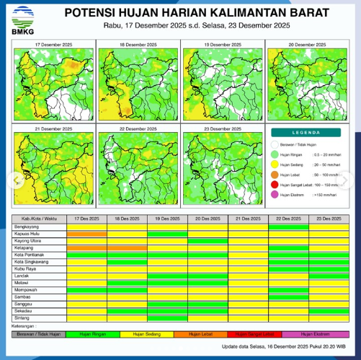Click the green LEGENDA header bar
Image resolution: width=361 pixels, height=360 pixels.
pos(308,133)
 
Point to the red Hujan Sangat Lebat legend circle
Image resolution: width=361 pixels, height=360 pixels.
pos(275,185)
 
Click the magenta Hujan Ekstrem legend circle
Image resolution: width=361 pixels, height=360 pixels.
pos(275,195)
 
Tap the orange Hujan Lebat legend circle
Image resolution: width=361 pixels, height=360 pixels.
pos(275,175)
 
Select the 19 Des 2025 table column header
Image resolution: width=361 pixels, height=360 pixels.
pos(167,219)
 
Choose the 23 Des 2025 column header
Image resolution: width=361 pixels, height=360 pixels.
pos(329,219)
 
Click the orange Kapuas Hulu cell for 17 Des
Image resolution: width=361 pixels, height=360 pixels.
pos(86,233)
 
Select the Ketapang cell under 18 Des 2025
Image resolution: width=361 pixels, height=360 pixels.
pos(127,247)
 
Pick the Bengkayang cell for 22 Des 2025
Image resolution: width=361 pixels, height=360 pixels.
pos(288,227)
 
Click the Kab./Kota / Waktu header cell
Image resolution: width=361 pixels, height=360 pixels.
pos(39,219)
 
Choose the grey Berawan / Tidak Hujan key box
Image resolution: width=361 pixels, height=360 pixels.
pos(39,334)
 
